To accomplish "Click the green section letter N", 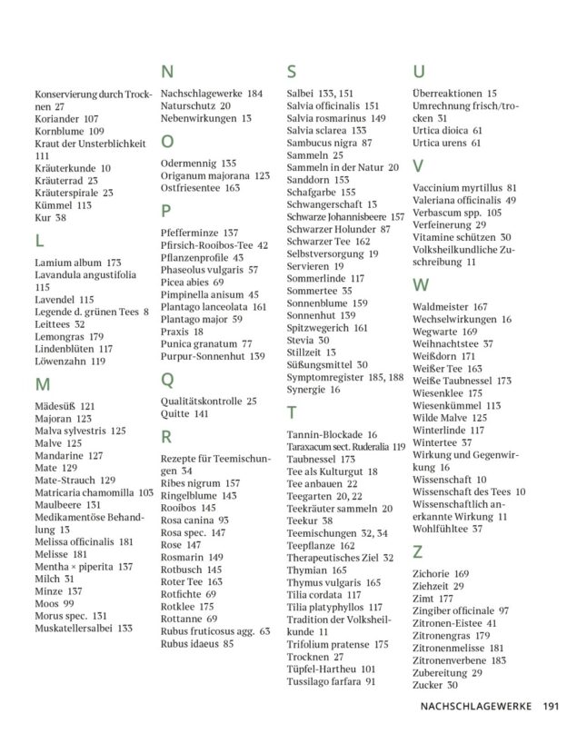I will [167, 73].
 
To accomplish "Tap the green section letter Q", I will [167, 380].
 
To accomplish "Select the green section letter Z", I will [417, 551].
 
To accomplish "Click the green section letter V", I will [417, 165].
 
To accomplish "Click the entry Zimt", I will [424, 599].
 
